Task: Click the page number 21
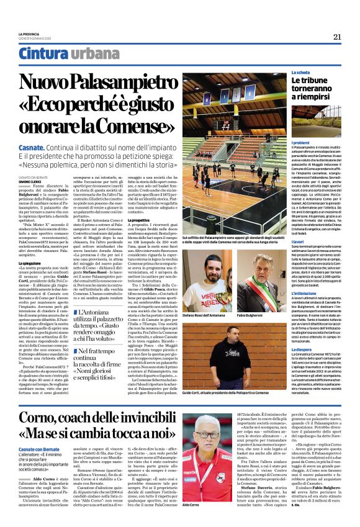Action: [338, 37]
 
